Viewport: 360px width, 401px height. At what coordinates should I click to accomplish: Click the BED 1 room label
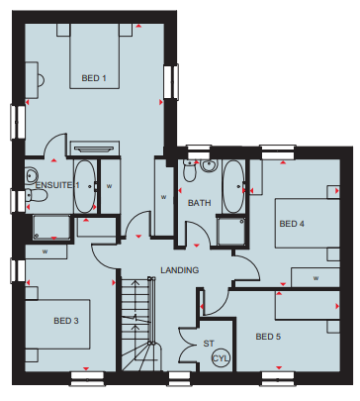tap(94, 78)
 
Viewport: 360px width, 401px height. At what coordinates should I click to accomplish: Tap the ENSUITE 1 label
tap(57, 185)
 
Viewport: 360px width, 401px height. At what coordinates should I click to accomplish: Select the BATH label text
tap(200, 203)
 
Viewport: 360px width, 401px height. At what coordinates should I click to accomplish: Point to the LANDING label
tap(180, 270)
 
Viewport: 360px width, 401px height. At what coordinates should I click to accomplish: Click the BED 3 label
tap(66, 321)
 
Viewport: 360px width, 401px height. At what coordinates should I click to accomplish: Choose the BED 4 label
tap(292, 224)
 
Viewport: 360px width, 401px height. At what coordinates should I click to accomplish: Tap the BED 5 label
tap(268, 337)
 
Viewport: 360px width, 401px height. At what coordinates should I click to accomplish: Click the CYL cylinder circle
tap(221, 358)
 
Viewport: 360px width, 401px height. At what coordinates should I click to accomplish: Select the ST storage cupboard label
tap(209, 344)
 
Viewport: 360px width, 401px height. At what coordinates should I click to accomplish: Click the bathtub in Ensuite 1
tap(85, 186)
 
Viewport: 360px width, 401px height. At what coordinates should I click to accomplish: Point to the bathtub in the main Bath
tap(233, 186)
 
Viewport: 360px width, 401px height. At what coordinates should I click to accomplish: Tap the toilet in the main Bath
tap(190, 170)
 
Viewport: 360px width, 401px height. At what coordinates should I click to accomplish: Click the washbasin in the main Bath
tap(209, 165)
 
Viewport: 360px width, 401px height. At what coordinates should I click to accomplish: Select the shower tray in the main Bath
tap(231, 231)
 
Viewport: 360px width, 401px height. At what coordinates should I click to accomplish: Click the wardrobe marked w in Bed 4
tap(315, 277)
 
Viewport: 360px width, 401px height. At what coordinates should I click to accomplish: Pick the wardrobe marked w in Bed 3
tap(46, 251)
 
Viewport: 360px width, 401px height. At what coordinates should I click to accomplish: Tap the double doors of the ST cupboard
tap(189, 345)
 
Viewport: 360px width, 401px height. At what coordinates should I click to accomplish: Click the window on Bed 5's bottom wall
tap(278, 378)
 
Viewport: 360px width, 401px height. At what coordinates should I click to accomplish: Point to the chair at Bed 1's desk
tap(42, 80)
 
